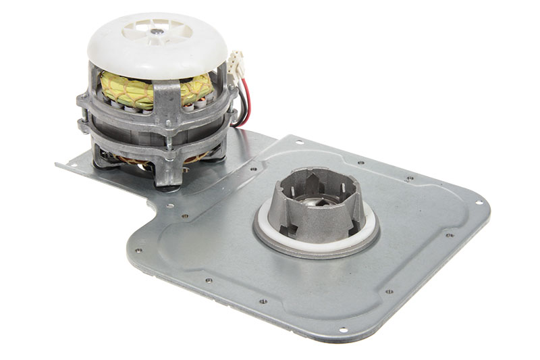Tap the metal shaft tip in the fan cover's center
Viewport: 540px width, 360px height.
click(157, 31)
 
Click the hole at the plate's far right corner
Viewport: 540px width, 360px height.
click(479, 203)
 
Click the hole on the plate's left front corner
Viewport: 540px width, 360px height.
click(138, 251)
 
